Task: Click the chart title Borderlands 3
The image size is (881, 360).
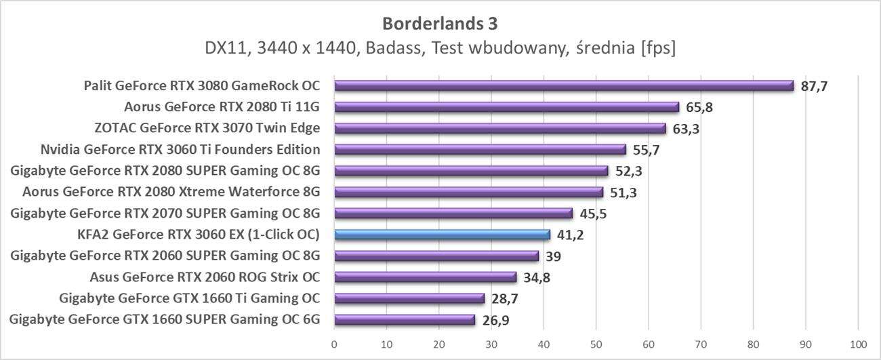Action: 440,24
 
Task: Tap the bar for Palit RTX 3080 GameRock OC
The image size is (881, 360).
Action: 563,85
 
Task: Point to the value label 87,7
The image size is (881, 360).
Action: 814,86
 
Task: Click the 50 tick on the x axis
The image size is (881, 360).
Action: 596,344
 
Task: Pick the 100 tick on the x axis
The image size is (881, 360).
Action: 857,344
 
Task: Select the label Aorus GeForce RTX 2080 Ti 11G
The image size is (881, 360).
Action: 222,107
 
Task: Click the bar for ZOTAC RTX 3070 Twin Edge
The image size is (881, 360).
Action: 500,128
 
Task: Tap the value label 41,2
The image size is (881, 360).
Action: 571,235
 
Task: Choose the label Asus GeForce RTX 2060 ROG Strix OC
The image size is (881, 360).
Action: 205,277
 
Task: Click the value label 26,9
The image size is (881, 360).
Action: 495,321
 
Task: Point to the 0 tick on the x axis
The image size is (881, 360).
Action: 334,344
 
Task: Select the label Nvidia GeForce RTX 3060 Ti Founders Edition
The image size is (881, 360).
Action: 180,149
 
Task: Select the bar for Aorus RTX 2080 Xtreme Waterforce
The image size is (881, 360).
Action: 468,192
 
